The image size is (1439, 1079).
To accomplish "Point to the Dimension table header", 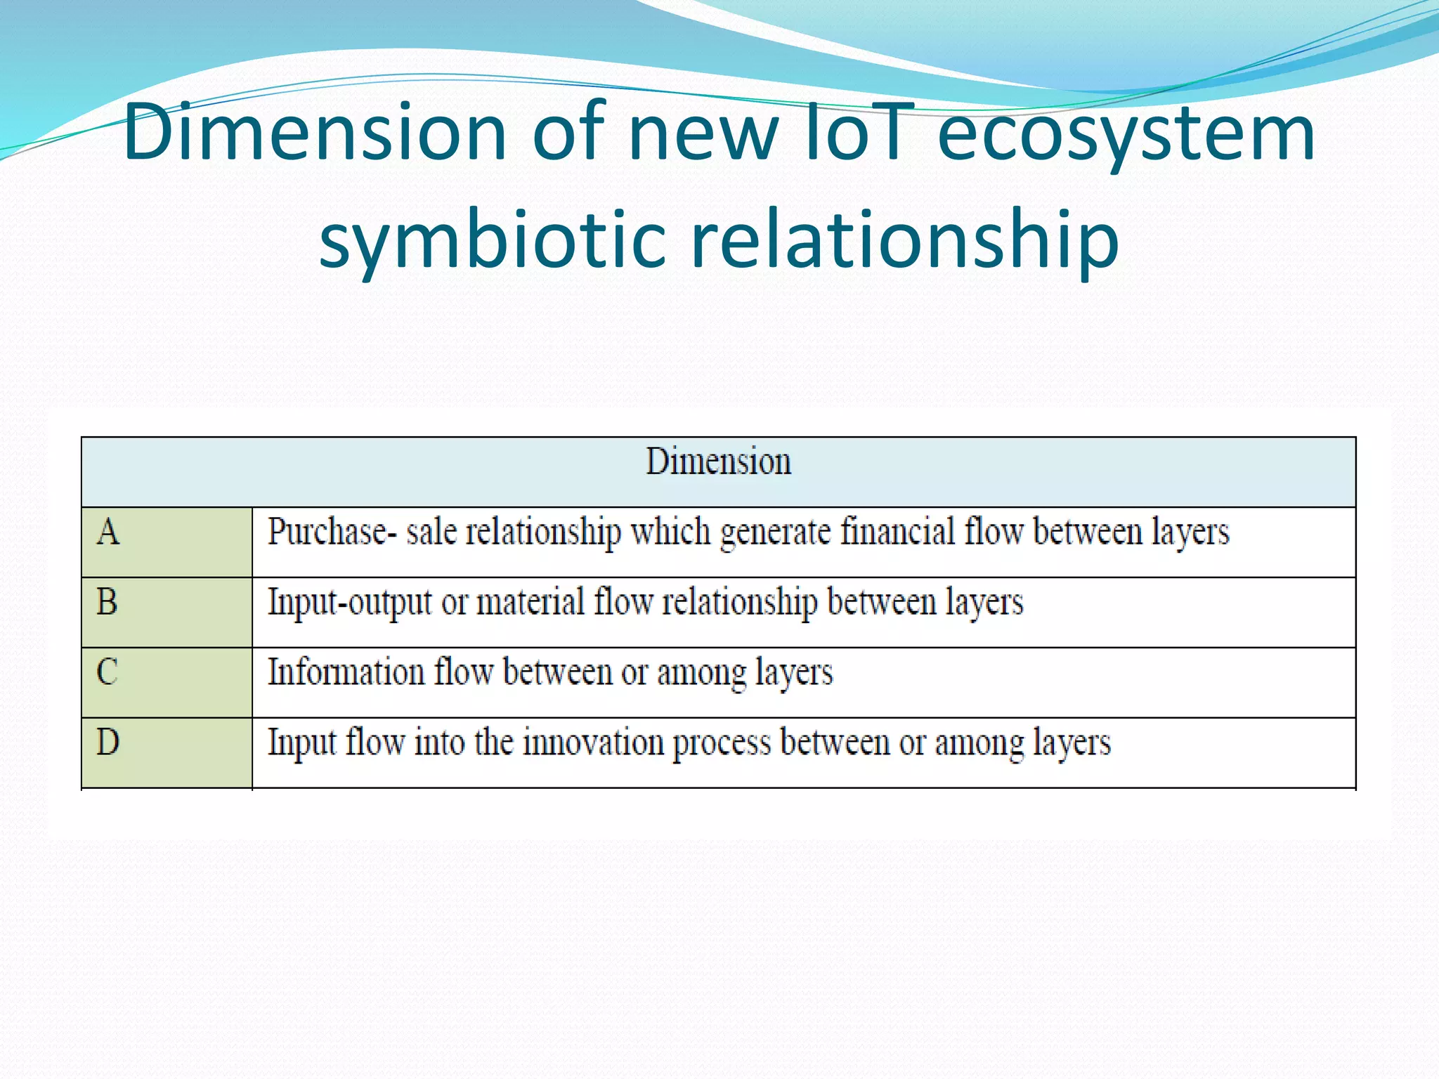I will click(x=718, y=462).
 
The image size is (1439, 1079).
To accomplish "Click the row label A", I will click(x=108, y=532).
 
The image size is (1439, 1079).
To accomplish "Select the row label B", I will click(x=107, y=602).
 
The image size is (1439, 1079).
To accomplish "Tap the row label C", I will click(x=107, y=672).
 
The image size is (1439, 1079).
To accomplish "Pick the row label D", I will click(x=108, y=742).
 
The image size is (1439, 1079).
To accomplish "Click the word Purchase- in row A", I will click(x=327, y=532).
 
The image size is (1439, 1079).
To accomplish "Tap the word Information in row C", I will click(x=346, y=672).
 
